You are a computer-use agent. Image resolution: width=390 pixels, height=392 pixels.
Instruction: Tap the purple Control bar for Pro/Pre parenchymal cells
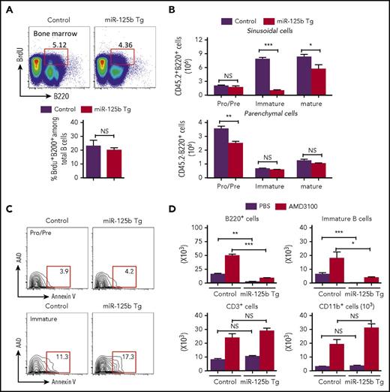(241, 145)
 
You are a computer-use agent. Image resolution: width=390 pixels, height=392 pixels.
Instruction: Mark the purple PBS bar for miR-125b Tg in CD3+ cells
(271, 346)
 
